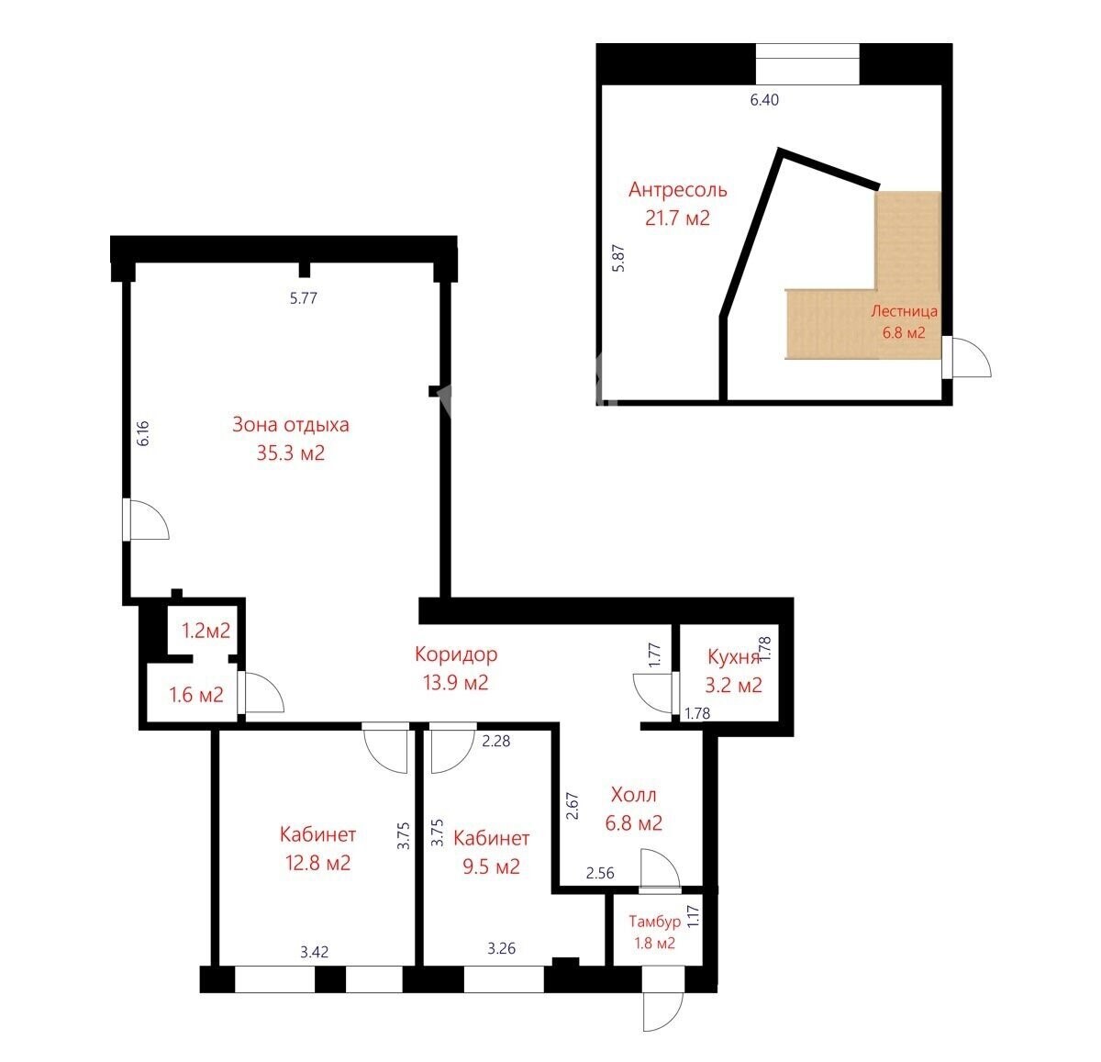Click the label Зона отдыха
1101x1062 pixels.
291,425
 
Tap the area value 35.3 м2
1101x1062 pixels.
291,453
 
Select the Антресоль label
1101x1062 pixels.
677,190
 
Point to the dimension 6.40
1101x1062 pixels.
764,100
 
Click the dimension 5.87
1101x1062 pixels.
619,258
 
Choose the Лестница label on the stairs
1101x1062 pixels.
904,311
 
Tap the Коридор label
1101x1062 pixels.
456,654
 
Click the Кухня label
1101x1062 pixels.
733,657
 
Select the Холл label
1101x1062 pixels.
634,795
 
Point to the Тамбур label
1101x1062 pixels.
654,922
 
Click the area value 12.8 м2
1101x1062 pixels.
318,863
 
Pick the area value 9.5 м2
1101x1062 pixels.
491,866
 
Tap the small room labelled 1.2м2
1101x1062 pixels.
206,631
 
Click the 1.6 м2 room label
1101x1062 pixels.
196,695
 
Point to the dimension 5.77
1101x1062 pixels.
304,298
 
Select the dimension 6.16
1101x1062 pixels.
143,433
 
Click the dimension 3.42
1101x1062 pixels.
314,952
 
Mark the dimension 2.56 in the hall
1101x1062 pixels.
600,873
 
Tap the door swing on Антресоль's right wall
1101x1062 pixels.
971,357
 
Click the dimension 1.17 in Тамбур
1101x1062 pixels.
693,916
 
